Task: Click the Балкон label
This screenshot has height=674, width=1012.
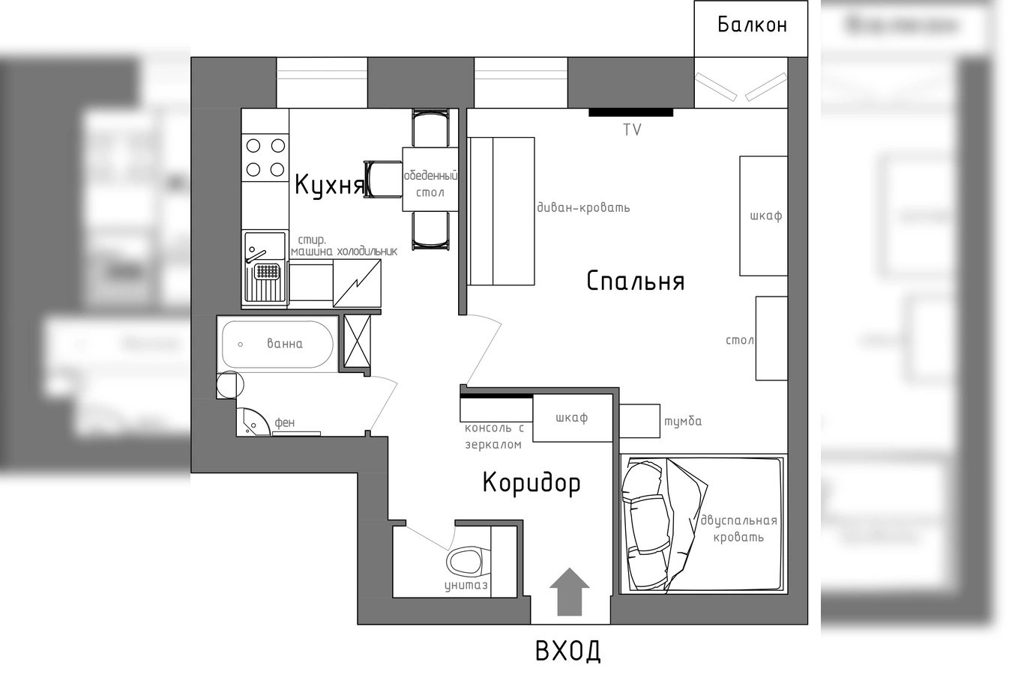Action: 752,25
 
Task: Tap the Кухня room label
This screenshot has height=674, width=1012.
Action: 329,185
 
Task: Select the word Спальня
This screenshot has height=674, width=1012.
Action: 636,281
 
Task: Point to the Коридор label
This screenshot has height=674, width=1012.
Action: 531,484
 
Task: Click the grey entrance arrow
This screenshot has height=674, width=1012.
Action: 569,592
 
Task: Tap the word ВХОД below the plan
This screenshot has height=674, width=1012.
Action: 568,651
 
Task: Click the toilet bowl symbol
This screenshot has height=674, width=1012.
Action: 468,562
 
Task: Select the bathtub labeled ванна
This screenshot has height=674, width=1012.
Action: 277,344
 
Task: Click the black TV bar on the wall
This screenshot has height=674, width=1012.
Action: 630,113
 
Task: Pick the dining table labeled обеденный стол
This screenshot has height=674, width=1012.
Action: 430,179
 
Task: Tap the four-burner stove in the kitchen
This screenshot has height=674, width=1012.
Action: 265,157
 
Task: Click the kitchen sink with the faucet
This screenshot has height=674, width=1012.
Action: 265,267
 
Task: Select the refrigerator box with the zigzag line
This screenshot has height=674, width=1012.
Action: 357,283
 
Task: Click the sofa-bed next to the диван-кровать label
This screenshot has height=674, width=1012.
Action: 501,211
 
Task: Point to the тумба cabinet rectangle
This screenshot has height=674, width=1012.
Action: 639,421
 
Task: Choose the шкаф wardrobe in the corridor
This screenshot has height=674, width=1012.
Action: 573,418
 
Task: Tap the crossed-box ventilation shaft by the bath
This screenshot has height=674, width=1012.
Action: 357,341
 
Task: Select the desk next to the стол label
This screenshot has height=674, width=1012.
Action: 771,338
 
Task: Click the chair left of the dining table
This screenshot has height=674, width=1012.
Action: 383,179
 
